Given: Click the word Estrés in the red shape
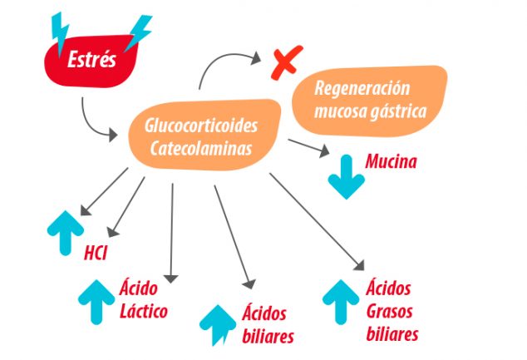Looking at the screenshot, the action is [91, 60].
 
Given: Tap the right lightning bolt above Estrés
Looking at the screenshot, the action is [139, 32].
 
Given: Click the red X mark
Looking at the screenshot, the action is [286, 62].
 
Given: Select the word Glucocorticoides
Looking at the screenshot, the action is [201, 126].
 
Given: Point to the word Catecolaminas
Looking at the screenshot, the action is [201, 148].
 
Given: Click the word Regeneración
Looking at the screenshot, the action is [362, 88].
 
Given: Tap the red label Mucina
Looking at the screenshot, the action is [391, 161].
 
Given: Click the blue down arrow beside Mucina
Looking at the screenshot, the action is [346, 176].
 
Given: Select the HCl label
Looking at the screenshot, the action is [96, 253].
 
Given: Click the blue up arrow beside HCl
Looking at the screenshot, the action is [66, 233].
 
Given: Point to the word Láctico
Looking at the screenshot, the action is [144, 311].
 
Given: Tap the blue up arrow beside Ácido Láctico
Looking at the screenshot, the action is [96, 302].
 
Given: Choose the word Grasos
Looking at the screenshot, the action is [389, 312].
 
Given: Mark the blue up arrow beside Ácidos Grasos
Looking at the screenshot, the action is [341, 302].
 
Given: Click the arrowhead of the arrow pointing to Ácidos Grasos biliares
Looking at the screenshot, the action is [360, 266].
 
